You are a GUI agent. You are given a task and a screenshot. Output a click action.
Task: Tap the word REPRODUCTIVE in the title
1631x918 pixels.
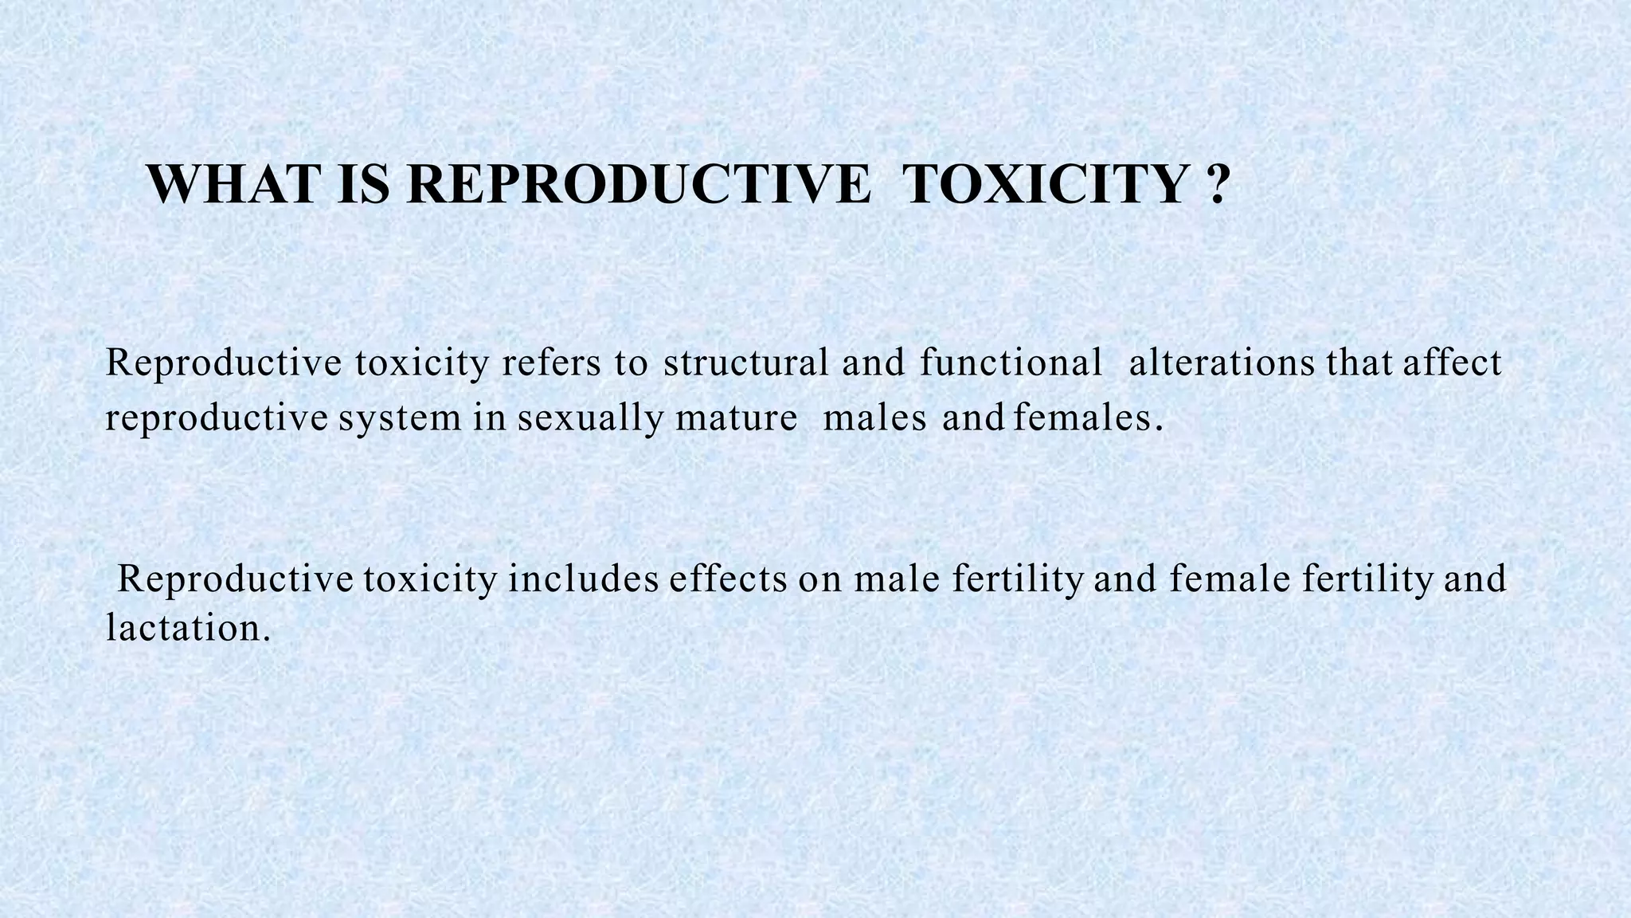(638, 185)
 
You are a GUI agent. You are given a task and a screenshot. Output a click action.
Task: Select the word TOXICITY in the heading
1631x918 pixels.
(1045, 185)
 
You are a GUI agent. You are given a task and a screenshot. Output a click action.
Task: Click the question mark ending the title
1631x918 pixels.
(1215, 185)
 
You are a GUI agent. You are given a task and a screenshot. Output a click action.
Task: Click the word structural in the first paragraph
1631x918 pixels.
(745, 363)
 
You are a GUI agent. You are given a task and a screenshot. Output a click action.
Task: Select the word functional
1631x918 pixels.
(1011, 363)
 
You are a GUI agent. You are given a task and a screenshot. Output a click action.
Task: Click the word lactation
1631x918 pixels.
(188, 629)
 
